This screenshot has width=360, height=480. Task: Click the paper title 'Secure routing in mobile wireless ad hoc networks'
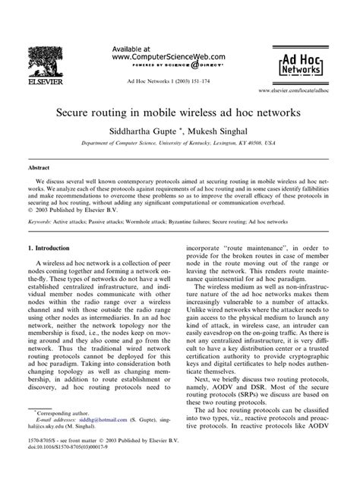point(179,112)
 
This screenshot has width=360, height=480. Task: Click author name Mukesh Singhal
point(232,130)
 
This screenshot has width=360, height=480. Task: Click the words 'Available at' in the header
point(131,47)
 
